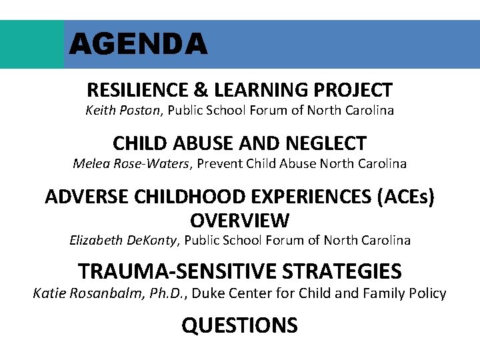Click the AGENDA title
[x=138, y=45]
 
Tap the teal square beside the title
[x=32, y=44]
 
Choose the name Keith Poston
[x=123, y=110]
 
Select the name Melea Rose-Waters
[x=131, y=163]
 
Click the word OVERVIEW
[x=239, y=219]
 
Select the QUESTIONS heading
[x=239, y=325]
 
